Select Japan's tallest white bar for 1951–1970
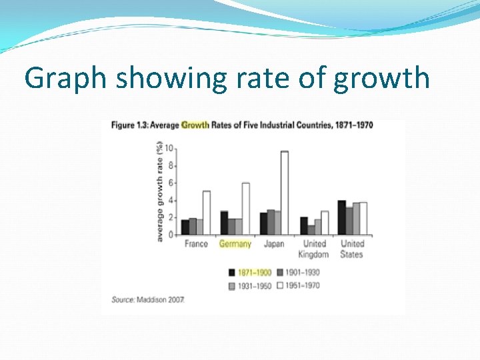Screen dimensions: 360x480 click(x=285, y=193)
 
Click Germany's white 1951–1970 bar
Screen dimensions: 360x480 click(x=245, y=209)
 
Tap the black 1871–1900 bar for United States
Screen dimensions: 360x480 click(x=341, y=217)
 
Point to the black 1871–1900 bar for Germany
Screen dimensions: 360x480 click(x=224, y=223)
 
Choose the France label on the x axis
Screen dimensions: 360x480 click(x=196, y=244)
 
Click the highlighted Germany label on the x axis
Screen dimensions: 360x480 click(x=235, y=244)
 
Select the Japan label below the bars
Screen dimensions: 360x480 click(x=273, y=244)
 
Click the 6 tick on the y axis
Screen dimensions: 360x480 click(x=171, y=183)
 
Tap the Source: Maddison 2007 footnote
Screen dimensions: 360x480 click(x=148, y=300)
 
